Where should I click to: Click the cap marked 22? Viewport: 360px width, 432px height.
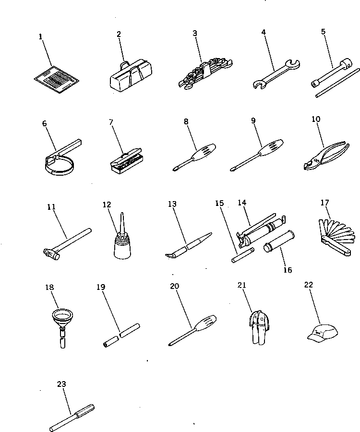pos(322,332)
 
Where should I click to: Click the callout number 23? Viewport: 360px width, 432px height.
pos(61,384)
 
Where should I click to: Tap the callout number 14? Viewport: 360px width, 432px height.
pos(242,203)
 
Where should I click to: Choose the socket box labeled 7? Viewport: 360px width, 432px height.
pos(126,161)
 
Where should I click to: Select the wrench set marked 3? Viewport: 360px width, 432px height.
pos(204,73)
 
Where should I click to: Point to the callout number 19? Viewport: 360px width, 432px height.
pos(100,288)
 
